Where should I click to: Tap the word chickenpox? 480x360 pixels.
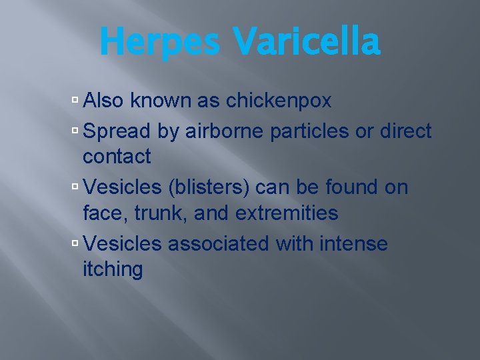[x=279, y=101]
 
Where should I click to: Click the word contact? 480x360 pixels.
[x=117, y=157]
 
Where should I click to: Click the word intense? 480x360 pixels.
[x=354, y=243]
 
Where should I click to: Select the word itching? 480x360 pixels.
[x=113, y=270]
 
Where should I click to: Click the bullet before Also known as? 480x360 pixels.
[x=75, y=101]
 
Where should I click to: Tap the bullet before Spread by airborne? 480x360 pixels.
[x=75, y=131]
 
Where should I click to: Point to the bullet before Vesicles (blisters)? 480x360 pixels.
[x=75, y=187]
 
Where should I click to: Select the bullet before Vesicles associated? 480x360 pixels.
[x=75, y=243]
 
